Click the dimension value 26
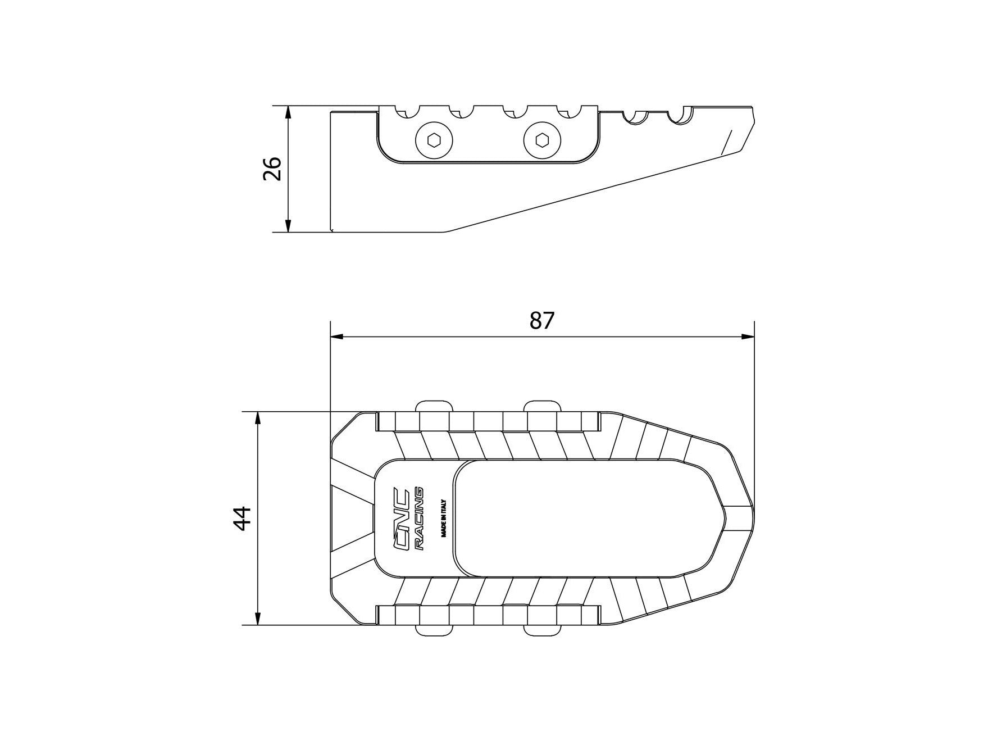coord(272,168)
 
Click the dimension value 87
coord(542,320)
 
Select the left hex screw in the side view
coord(434,139)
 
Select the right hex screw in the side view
coord(542,139)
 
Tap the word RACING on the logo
coord(419,519)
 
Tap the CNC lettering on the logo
coord(401,519)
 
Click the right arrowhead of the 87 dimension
coord(748,337)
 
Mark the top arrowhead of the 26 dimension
coord(288,112)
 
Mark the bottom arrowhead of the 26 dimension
coord(288,225)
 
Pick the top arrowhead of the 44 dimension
coord(257,419)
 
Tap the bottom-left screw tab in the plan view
coord(434,629)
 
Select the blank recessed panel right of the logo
coord(584,518)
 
